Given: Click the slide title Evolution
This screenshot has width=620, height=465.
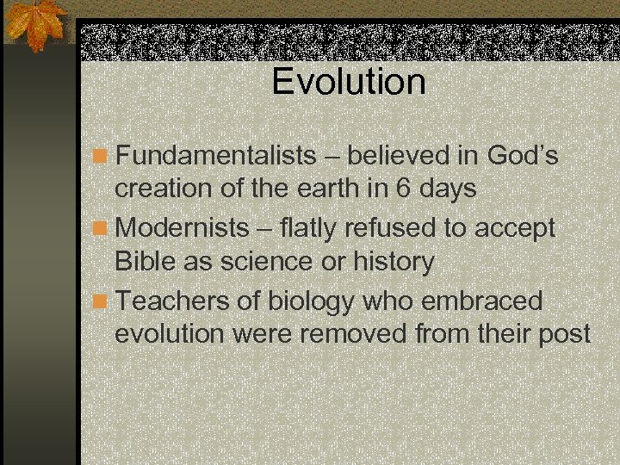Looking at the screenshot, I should tap(349, 82).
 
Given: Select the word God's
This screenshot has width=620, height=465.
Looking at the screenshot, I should tap(523, 156).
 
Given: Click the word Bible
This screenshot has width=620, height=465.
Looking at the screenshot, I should tap(146, 261).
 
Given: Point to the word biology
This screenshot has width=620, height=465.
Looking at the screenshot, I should tap(312, 301).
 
